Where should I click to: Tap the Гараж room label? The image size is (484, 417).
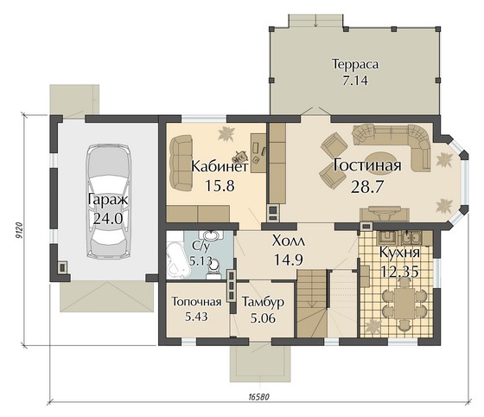pyautogui.click(x=108, y=200)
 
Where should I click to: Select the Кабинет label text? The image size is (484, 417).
pyautogui.click(x=220, y=166)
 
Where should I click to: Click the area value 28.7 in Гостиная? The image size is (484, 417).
pyautogui.click(x=366, y=187)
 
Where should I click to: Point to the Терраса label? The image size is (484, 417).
pyautogui.click(x=355, y=64)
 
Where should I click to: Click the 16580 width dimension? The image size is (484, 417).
pyautogui.click(x=258, y=396)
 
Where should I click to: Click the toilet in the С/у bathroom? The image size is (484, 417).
pyautogui.click(x=213, y=268)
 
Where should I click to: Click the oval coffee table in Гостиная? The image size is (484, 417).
pyautogui.click(x=379, y=158)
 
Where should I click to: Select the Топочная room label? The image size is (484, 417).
pyautogui.click(x=197, y=301)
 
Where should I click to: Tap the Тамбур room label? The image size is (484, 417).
pyautogui.click(x=263, y=302)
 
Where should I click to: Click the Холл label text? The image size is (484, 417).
pyautogui.click(x=289, y=241)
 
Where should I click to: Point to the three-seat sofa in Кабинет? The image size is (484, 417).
pyautogui.click(x=181, y=164)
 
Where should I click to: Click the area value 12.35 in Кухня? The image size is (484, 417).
pyautogui.click(x=399, y=272)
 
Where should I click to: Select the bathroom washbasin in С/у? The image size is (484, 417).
pyautogui.click(x=212, y=236)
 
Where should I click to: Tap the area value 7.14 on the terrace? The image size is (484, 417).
pyautogui.click(x=355, y=80)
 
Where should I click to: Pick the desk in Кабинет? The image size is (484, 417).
pyautogui.click(x=258, y=152)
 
